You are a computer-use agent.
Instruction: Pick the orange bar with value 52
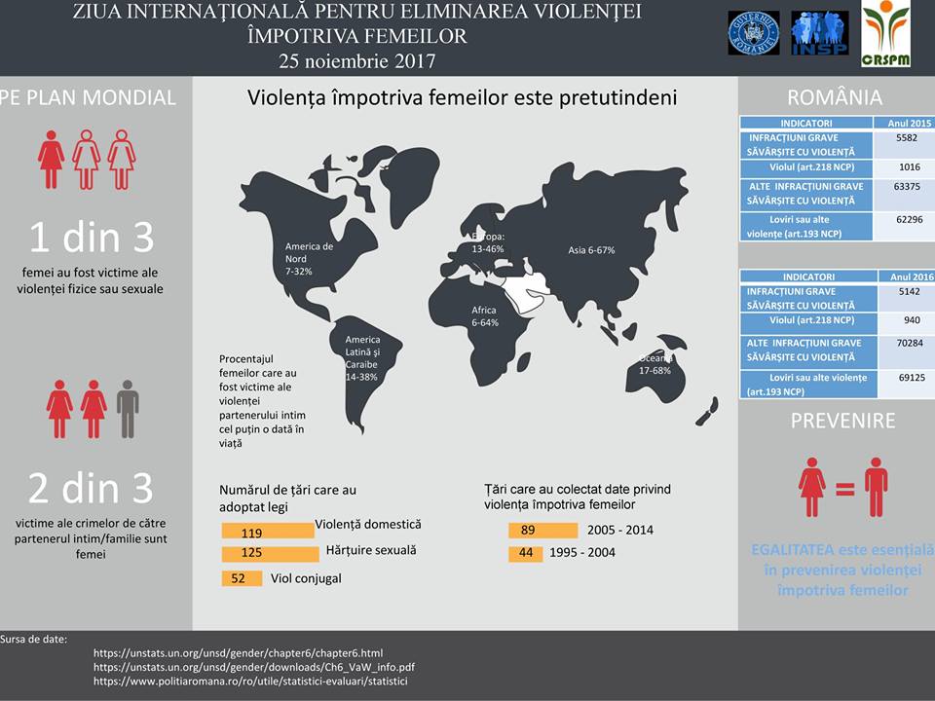coord(242,578)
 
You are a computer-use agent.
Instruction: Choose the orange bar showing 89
coord(542,531)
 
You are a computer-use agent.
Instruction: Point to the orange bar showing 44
coord(526,553)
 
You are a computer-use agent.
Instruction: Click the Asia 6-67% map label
coord(591,250)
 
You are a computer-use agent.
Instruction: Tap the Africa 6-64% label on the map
coord(485,315)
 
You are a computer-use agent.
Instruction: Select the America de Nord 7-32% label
coord(308,258)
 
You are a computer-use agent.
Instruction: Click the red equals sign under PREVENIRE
coord(844,488)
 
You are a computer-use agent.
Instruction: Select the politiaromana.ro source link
coord(250,682)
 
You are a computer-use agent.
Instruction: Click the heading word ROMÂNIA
coord(834,97)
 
